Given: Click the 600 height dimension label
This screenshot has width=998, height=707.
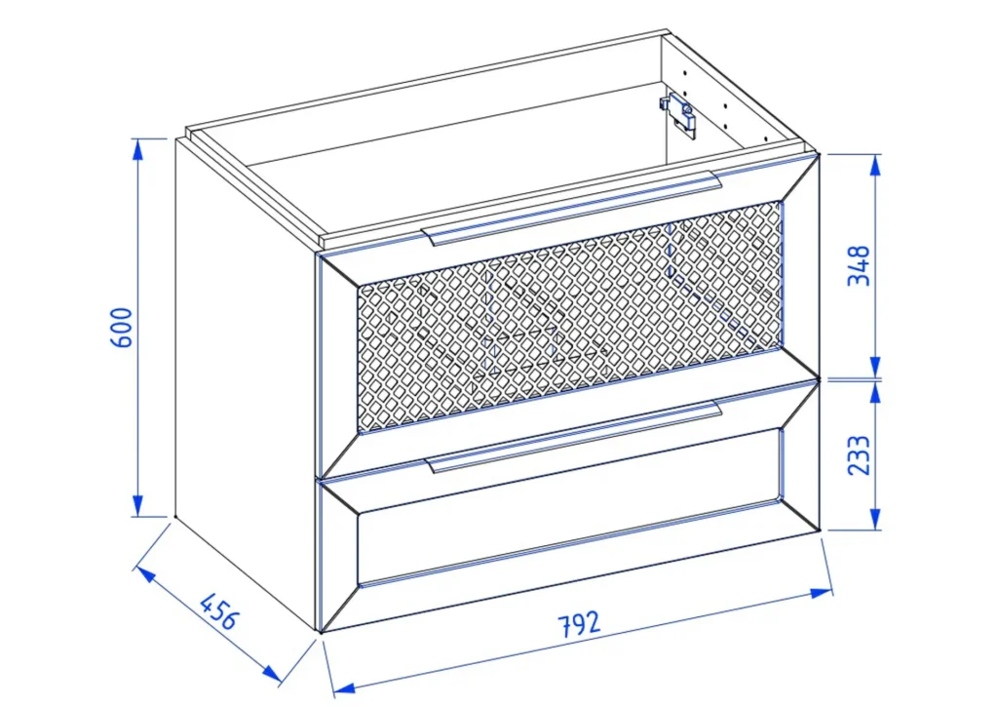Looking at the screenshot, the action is pyautogui.click(x=122, y=328).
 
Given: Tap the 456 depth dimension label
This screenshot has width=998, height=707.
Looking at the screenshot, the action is pyautogui.click(x=219, y=610).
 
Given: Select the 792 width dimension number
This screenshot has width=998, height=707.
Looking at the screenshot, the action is pyautogui.click(x=579, y=623).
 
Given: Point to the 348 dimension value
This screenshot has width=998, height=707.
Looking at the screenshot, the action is pyautogui.click(x=859, y=265).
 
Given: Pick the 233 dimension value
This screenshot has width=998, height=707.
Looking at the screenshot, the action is pyautogui.click(x=859, y=454).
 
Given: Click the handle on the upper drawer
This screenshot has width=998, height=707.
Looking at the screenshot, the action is pyautogui.click(x=571, y=208).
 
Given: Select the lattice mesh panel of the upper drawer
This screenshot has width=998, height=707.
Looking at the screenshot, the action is pyautogui.click(x=570, y=315).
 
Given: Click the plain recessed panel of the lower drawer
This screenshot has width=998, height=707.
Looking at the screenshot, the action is pyautogui.click(x=569, y=506).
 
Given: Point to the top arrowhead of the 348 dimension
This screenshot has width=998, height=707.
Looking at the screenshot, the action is pyautogui.click(x=875, y=165).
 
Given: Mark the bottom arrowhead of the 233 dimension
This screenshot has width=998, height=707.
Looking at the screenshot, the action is pyautogui.click(x=875, y=519).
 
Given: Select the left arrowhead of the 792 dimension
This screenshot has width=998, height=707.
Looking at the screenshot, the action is pyautogui.click(x=344, y=687).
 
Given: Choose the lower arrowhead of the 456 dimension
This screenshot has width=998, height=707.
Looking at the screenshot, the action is pyautogui.click(x=272, y=672).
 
